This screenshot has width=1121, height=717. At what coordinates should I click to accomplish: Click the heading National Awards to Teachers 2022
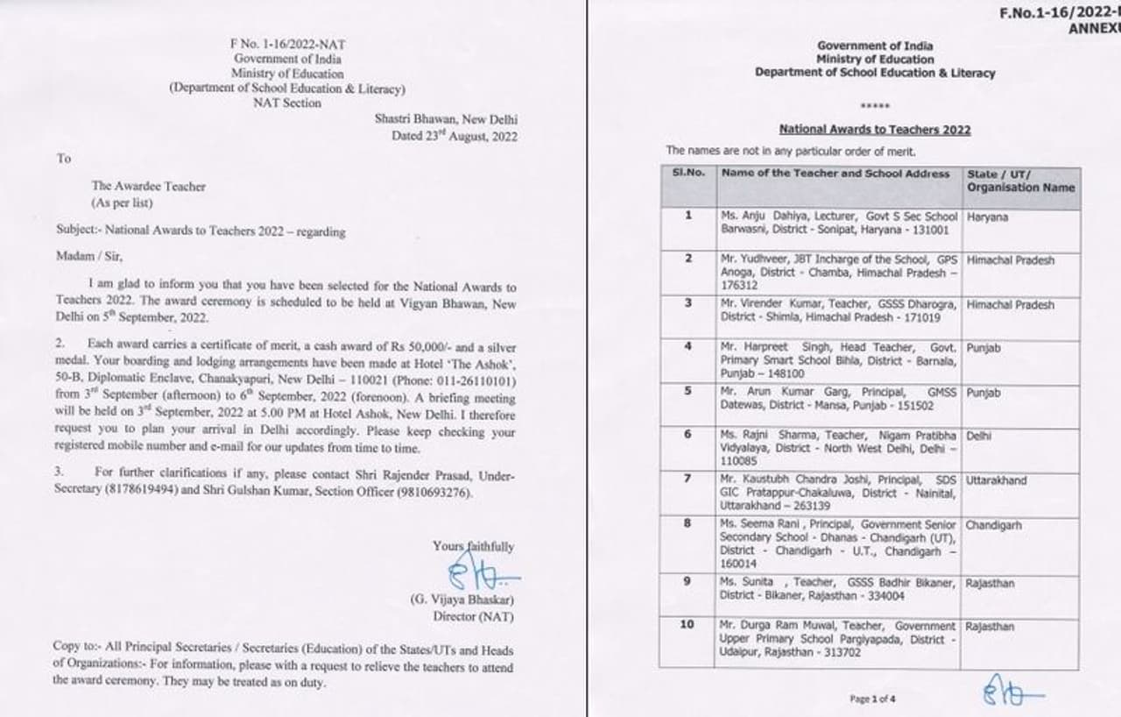pos(874,130)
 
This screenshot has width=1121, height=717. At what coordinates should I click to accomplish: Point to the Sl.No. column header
pos(688,174)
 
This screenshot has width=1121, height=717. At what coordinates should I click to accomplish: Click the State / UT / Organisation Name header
pos(1020,181)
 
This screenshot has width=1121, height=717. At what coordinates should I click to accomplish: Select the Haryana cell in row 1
pos(987,217)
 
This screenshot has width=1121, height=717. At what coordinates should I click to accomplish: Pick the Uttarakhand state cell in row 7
pos(997,480)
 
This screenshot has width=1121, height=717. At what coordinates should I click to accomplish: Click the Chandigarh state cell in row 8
pos(994,525)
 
